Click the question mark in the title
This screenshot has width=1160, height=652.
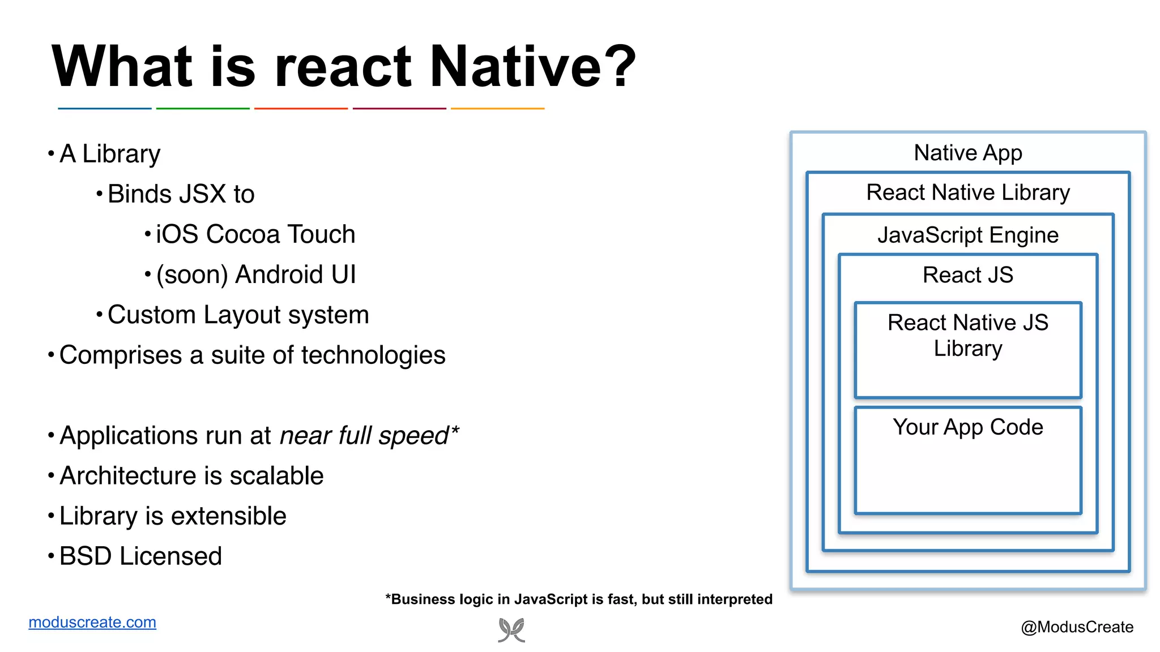pyautogui.click(x=622, y=67)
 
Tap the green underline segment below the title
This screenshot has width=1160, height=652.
pyautogui.click(x=203, y=108)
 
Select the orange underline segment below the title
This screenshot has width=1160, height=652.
pyautogui.click(x=497, y=108)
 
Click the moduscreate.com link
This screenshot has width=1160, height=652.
pyautogui.click(x=92, y=622)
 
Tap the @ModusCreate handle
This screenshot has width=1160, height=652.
pyautogui.click(x=1077, y=627)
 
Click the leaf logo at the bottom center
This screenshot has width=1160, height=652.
pyautogui.click(x=511, y=630)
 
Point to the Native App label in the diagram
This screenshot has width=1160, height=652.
pyautogui.click(x=968, y=153)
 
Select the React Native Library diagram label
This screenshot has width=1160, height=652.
pyautogui.click(x=968, y=192)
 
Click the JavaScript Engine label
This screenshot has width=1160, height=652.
pyautogui.click(x=968, y=235)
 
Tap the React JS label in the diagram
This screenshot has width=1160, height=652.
pyautogui.click(x=968, y=275)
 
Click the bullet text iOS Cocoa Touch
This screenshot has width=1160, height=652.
pyautogui.click(x=255, y=234)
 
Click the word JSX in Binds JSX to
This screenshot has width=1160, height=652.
pyautogui.click(x=203, y=194)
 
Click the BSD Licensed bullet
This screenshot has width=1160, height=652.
pyautogui.click(x=140, y=556)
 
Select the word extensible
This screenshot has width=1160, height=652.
pyautogui.click(x=229, y=516)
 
